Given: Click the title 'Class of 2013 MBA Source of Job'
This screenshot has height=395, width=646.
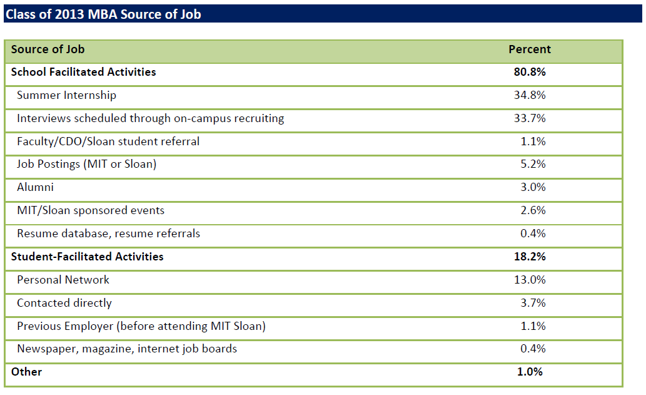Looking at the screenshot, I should point(103,13).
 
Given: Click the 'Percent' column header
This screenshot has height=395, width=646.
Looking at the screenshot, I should point(529,49).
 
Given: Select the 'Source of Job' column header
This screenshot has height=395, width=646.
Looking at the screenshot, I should point(48,49).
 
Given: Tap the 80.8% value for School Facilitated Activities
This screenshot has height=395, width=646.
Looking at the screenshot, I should point(529,72).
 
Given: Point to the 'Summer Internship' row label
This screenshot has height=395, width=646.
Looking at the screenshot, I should point(66,95).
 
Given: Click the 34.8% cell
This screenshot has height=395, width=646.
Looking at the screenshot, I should point(529,95).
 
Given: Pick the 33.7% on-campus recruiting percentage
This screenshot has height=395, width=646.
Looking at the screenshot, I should point(529,118).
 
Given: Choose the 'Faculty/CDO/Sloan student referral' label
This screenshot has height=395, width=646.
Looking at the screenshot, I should point(108,141).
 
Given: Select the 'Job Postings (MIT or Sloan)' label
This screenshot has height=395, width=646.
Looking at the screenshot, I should point(86,165).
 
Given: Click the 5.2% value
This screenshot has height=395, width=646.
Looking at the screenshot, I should point(533,165).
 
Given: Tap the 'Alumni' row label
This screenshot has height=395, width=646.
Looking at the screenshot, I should point(35,187).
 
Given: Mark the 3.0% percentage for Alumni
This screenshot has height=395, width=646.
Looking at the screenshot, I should point(533,187).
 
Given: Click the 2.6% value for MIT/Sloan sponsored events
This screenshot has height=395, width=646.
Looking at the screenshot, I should point(533,210).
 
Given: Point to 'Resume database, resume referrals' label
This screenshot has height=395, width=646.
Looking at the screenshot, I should point(108,233).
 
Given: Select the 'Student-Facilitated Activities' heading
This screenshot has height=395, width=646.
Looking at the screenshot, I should point(87,257).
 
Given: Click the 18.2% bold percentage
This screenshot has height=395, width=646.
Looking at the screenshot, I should point(529,257).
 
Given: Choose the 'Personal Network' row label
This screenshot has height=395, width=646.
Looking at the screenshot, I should point(63,280).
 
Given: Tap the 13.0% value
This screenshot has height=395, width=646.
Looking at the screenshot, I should point(529,280).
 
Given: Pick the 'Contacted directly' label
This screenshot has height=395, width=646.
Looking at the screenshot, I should point(64,303).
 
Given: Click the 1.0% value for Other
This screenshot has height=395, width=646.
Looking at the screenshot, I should point(530,372).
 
